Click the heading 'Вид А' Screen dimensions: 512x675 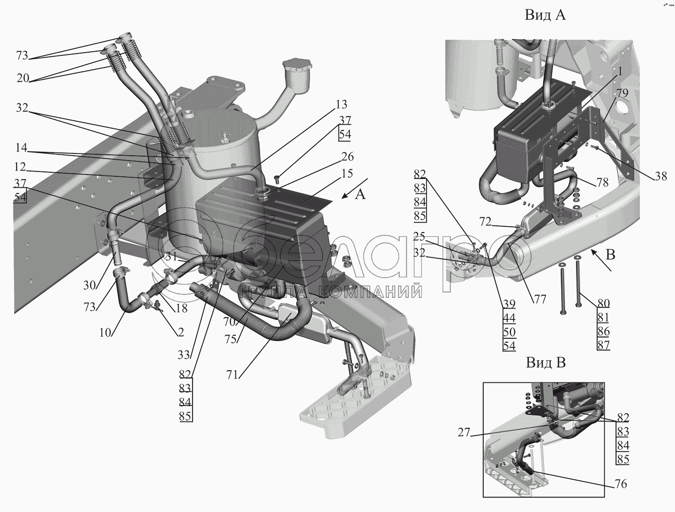(x=545, y=15)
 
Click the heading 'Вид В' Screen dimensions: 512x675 (x=545, y=362)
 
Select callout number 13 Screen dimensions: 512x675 (x=342, y=105)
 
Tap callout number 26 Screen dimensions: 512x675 (x=348, y=157)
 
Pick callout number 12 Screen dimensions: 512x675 (x=20, y=167)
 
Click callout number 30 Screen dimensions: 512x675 (x=89, y=285)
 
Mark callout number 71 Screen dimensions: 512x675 (x=232, y=374)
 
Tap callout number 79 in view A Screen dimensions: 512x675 (x=622, y=94)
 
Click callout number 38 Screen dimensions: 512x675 (x=660, y=177)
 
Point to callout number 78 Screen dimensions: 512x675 (x=602, y=182)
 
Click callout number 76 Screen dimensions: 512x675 (x=620, y=484)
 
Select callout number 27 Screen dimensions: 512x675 (x=463, y=433)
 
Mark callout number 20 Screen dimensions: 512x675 (x=23, y=78)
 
